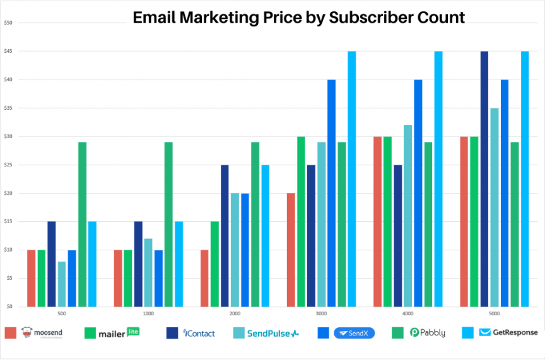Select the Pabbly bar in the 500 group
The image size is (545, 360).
(82, 224)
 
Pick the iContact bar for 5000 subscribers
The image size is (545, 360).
(484, 179)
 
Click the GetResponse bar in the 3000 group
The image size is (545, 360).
(351, 179)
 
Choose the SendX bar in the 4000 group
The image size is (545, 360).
(418, 193)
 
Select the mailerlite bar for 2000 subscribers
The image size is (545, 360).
(214, 264)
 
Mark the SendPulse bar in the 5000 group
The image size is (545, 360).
(494, 207)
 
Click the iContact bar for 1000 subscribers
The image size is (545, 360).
(138, 264)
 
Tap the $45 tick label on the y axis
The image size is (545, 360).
(8, 51)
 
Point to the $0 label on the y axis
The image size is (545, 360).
(9, 306)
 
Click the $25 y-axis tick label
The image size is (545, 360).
(8, 165)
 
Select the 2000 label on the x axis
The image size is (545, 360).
(235, 313)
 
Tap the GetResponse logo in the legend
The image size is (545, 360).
(508, 332)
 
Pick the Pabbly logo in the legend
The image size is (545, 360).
(428, 333)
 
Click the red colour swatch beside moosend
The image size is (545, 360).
(10, 333)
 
